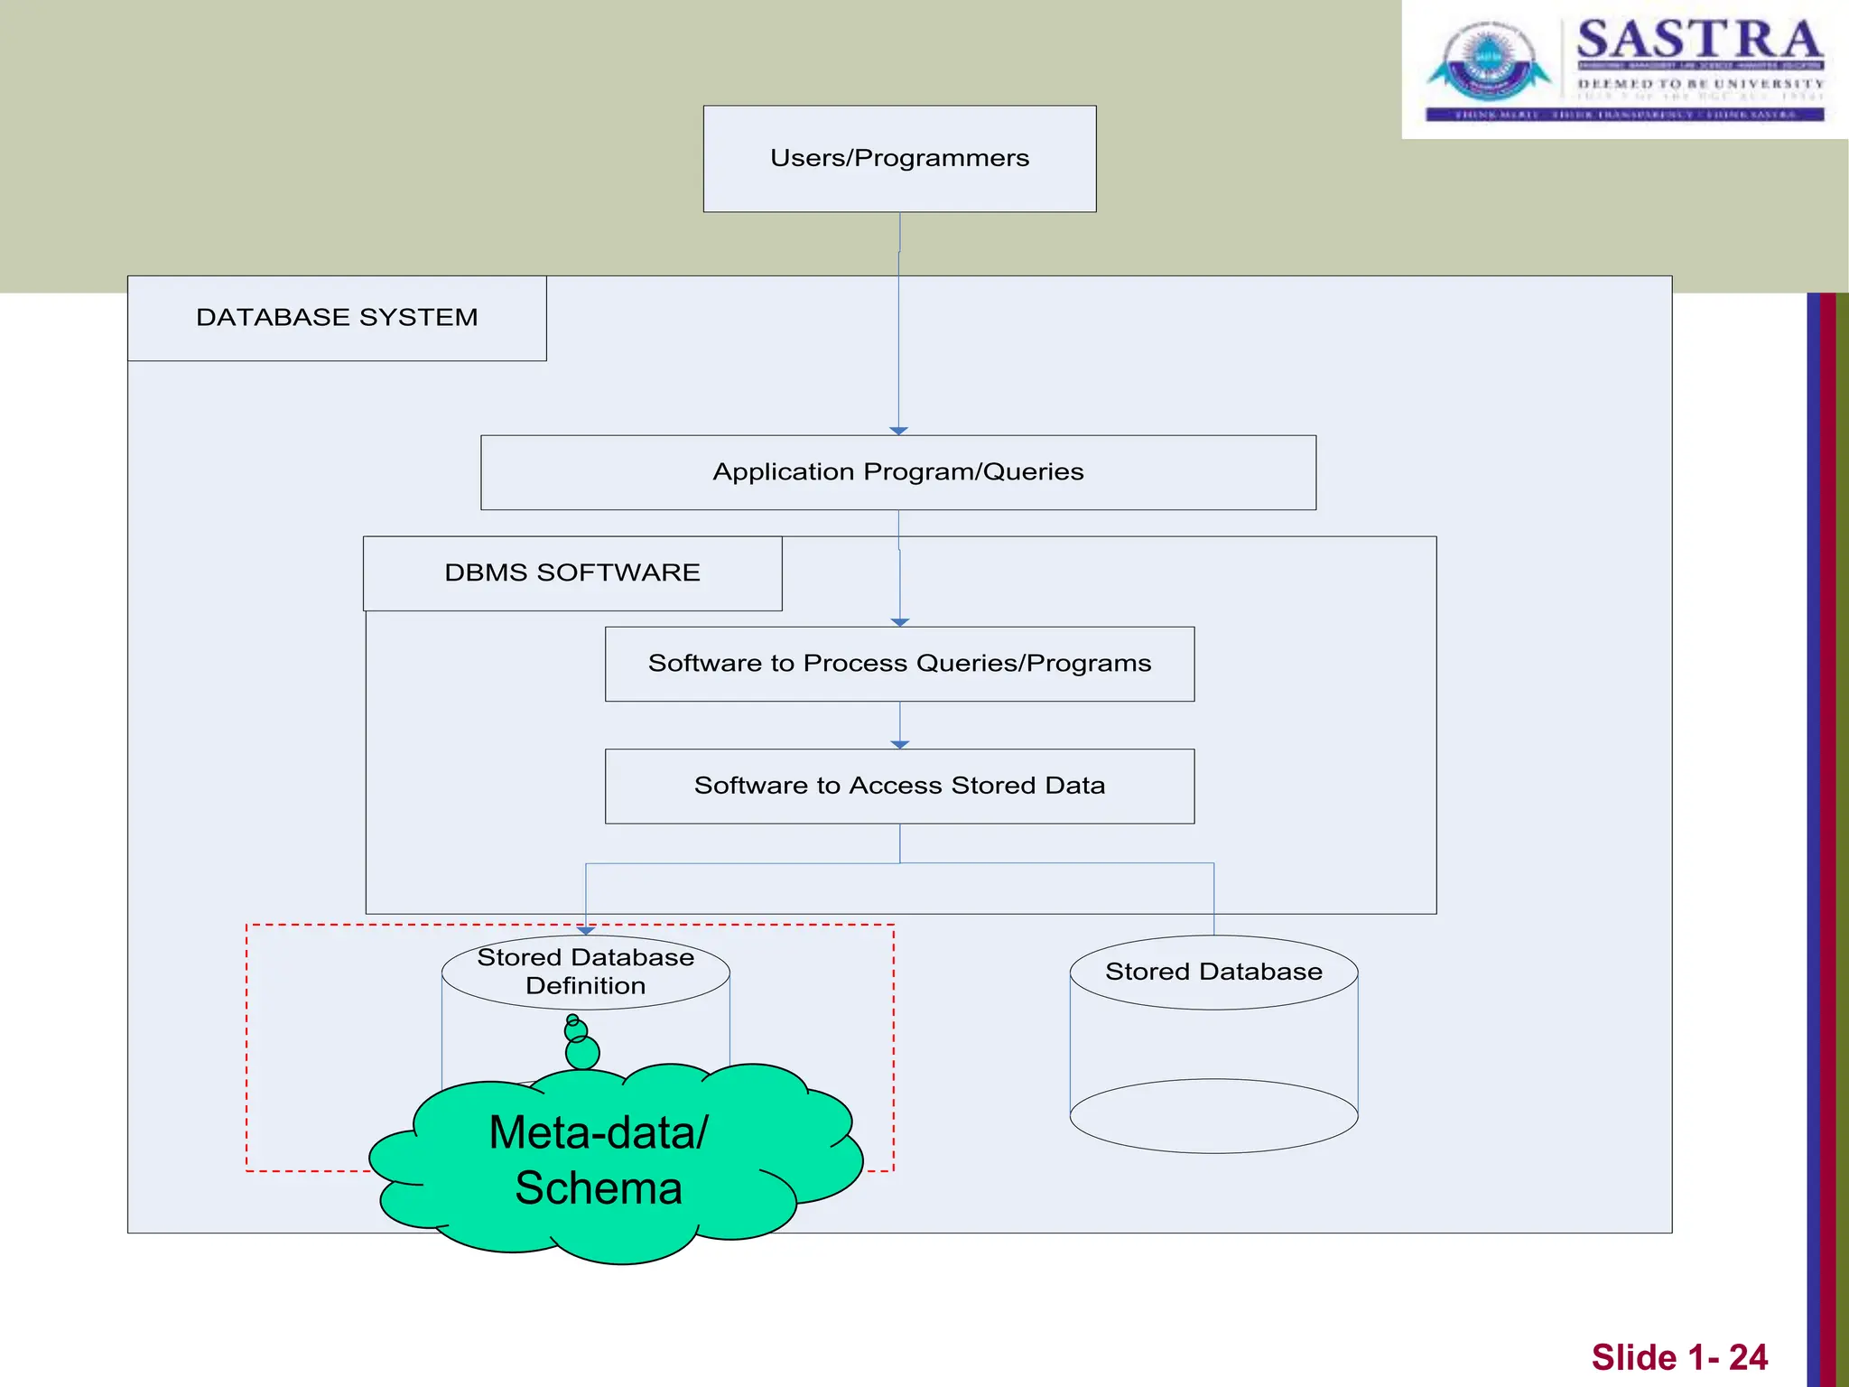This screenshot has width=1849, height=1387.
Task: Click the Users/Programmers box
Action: pos(899,159)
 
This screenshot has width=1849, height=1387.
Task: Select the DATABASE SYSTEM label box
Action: pos(337,318)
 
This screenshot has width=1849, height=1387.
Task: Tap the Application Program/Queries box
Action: pos(898,472)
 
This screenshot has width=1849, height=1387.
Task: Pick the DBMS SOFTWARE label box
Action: pos(572,573)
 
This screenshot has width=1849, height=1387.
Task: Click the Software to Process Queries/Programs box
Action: pos(899,664)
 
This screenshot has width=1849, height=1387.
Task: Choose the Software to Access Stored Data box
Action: pos(899,786)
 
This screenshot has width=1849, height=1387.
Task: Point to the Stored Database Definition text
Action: pos(585,972)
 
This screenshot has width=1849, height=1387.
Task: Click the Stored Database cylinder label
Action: pos(1213,972)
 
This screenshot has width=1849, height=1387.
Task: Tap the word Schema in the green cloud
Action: pos(599,1188)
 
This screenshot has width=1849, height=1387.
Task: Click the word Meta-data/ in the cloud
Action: pos(599,1132)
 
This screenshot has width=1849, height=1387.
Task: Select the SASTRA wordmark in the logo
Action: pos(1699,40)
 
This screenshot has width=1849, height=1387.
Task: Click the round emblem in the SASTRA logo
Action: pos(1488,61)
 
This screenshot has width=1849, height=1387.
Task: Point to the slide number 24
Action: pos(1748,1357)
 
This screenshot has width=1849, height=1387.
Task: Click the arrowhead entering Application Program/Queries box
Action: pos(898,431)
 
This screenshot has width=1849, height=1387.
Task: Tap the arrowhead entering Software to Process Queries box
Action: pos(899,622)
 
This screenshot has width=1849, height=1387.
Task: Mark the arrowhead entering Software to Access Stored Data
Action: pos(899,744)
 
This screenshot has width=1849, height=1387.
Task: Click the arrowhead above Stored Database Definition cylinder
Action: pos(585,930)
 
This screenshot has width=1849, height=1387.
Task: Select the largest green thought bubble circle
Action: pos(582,1052)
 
